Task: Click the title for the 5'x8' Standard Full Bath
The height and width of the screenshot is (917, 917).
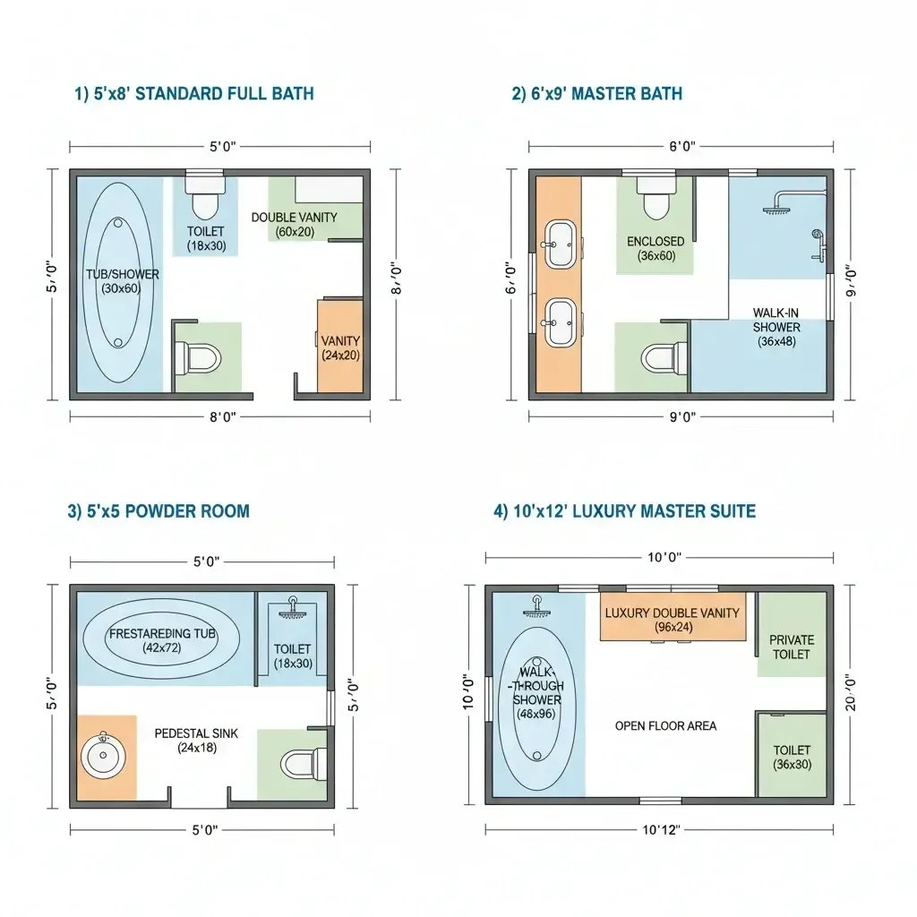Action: [193, 93]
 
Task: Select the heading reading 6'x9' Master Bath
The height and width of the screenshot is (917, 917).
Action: [596, 93]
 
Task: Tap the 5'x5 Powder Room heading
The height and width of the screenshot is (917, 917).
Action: [159, 511]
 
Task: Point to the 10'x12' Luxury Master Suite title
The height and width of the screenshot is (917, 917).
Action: [624, 511]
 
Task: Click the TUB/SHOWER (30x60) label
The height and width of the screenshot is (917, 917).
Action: [123, 281]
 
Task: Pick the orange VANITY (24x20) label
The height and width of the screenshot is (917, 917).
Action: [340, 347]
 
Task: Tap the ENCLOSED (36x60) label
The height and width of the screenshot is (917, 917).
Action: [656, 248]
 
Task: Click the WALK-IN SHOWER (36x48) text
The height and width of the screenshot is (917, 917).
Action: [776, 327]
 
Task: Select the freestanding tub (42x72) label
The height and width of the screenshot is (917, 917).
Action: [162, 640]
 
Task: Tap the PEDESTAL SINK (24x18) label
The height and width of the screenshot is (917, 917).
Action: [196, 740]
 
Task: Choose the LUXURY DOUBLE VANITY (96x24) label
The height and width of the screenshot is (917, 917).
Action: [672, 620]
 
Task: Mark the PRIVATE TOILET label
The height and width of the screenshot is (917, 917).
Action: [792, 647]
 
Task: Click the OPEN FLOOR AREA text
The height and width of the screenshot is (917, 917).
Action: [665, 725]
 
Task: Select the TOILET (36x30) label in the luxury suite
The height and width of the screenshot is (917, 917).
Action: [792, 757]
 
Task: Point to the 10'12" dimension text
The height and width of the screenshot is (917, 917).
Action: [662, 829]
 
